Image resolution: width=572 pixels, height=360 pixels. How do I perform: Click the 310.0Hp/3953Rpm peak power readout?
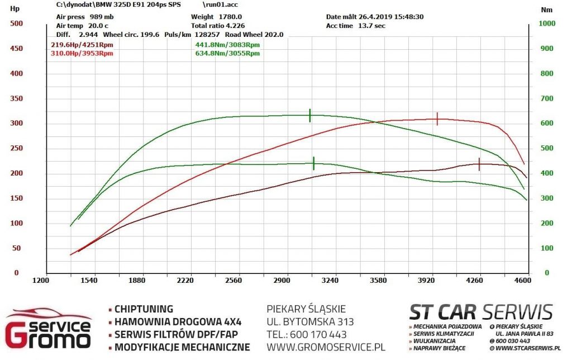[x=82, y=53]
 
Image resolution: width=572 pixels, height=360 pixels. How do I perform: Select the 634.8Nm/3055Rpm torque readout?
[x=228, y=53]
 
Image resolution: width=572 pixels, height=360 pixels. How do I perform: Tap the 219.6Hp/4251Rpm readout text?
[x=82, y=45]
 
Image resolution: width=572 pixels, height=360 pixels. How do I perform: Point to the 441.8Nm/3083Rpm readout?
[x=228, y=45]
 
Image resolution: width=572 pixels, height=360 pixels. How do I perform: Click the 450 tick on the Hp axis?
[x=16, y=49]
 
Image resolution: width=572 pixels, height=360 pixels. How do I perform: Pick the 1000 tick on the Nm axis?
[x=547, y=23]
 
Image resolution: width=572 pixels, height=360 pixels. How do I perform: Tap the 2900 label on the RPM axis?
[x=282, y=281]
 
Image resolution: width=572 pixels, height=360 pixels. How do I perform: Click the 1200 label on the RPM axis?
[x=40, y=281]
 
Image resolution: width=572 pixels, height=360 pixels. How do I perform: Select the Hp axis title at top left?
[x=15, y=9]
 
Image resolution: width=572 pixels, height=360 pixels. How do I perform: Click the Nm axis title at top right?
[x=546, y=10]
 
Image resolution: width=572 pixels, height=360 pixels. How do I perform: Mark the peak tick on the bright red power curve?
[x=437, y=119]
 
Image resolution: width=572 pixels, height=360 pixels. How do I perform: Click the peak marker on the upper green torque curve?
[x=310, y=115]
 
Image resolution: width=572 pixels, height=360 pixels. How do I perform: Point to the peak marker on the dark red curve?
[x=479, y=164]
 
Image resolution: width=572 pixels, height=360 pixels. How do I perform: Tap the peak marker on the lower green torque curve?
[x=314, y=163]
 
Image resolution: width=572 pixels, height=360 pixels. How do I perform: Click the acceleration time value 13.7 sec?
[x=371, y=26]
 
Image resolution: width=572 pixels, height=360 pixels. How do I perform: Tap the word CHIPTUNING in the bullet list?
[x=144, y=309]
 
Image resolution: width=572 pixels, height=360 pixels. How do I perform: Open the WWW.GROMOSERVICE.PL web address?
[x=326, y=347]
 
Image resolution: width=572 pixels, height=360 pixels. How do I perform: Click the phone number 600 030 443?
[x=513, y=341]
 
